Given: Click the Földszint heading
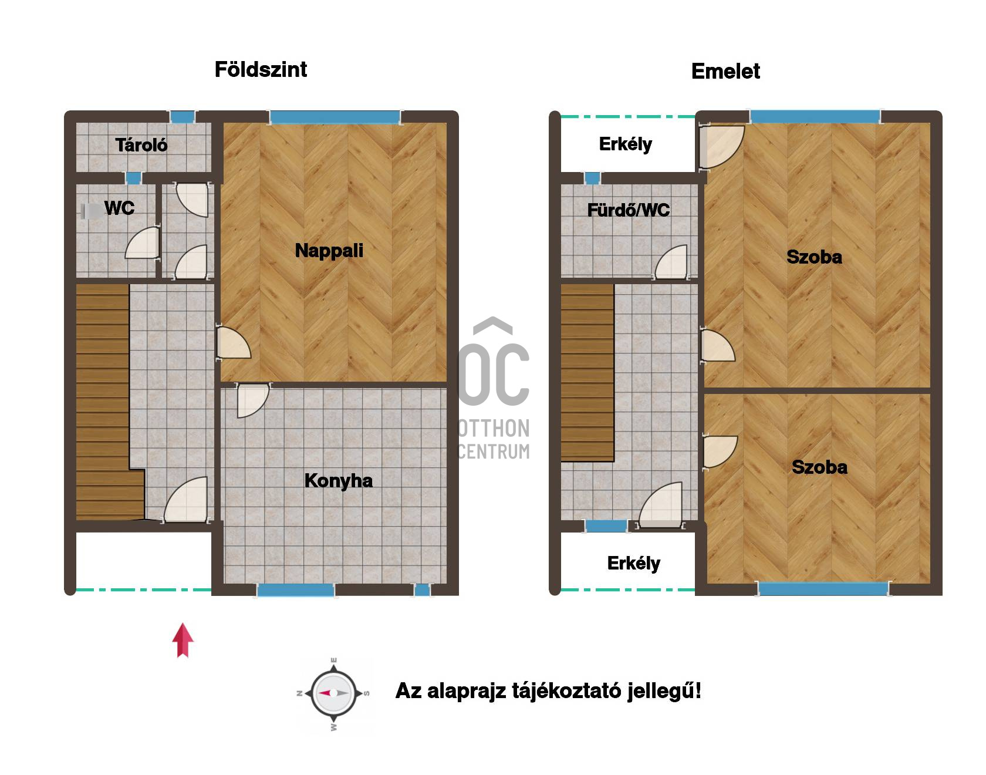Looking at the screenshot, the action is [261, 69].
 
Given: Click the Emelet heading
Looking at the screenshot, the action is [725, 71].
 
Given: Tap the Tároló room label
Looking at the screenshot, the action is [141, 145].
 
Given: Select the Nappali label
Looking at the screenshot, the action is [329, 251].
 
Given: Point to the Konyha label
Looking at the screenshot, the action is [338, 481].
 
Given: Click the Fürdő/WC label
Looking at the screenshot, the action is [629, 210].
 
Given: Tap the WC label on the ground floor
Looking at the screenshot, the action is [119, 208].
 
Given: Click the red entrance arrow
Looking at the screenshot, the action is [183, 640].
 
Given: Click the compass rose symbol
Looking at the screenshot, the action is [333, 693].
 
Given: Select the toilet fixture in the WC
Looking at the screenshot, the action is [90, 211].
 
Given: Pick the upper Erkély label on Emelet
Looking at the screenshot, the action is [625, 144].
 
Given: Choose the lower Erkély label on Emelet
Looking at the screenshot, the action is [633, 564].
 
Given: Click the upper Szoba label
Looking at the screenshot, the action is [814, 257].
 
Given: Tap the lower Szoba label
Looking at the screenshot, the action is [819, 467].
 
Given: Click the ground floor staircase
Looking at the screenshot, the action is [106, 402].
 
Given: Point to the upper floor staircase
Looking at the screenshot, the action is [587, 372].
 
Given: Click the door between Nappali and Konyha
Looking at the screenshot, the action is [253, 400].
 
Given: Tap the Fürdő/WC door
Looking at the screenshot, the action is [671, 262].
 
